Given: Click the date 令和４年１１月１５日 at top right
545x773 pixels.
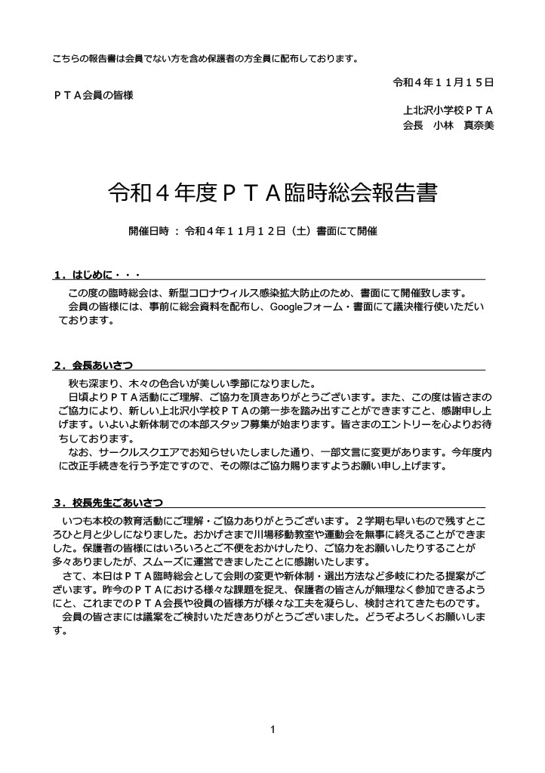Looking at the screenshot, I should (x=444, y=82).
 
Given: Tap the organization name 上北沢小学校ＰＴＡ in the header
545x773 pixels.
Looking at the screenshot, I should (x=448, y=110).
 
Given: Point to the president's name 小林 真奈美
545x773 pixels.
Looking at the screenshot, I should (x=463, y=125).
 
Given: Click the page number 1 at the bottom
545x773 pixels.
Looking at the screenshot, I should (x=272, y=729).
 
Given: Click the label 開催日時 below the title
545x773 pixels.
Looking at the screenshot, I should (x=149, y=232).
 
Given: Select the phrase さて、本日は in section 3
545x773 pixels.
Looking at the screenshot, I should (x=91, y=575).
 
